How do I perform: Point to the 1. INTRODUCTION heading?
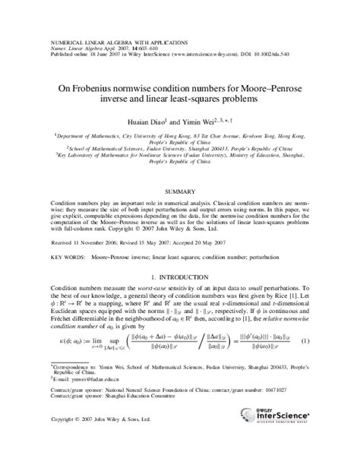coord(180,258)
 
